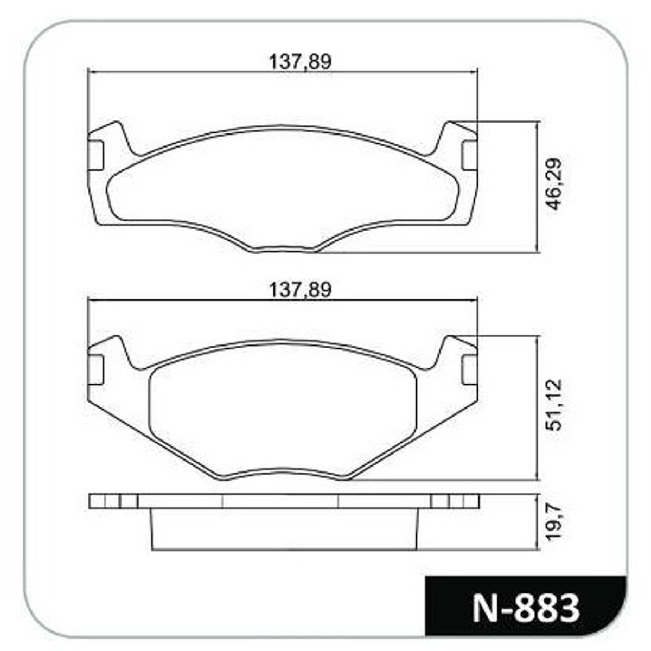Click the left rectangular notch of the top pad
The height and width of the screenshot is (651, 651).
click(x=95, y=155)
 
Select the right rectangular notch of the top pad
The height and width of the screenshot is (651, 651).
click(x=470, y=155)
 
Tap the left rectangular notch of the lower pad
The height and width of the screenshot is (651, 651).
click(x=95, y=369)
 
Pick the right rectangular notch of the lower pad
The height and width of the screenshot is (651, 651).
click(x=470, y=369)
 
